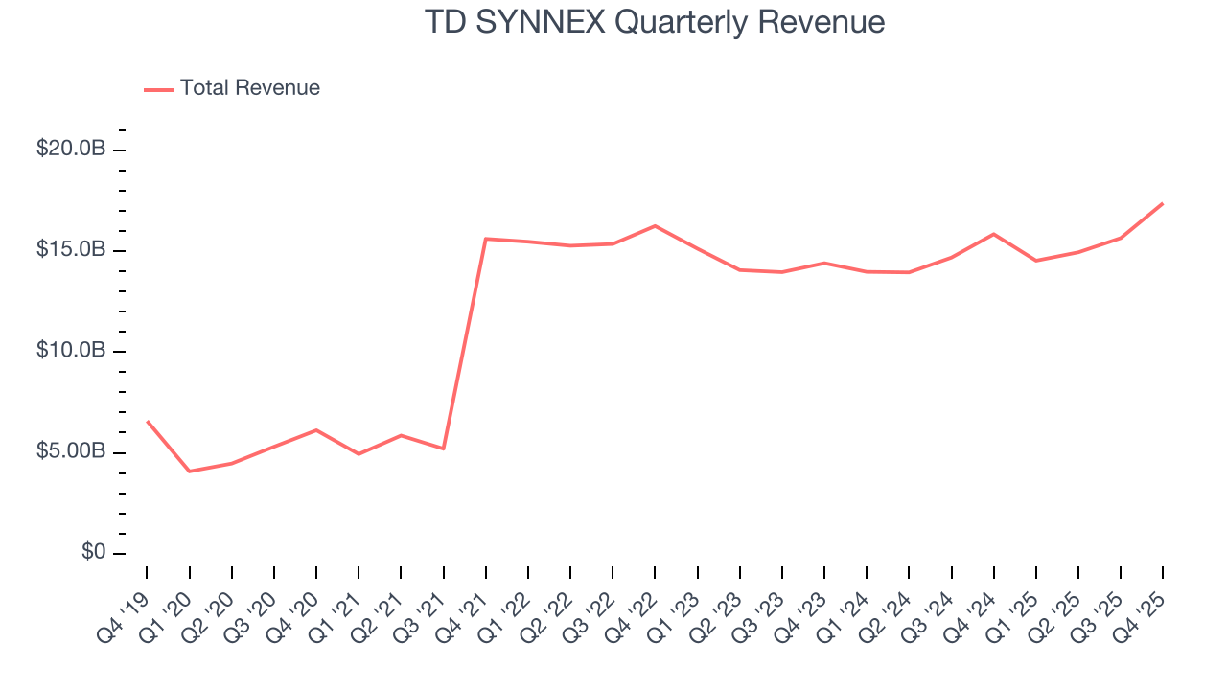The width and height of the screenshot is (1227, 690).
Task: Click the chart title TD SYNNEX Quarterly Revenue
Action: [x=655, y=22]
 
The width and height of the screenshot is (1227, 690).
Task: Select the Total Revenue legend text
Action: [x=249, y=88]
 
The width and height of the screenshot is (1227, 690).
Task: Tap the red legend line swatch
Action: [x=158, y=89]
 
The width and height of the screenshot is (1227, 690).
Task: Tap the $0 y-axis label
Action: [x=93, y=553]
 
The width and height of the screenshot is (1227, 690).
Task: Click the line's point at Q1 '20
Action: [x=189, y=471]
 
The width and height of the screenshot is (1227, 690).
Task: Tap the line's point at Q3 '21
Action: [x=443, y=448]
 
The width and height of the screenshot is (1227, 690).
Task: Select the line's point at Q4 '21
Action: [x=486, y=239]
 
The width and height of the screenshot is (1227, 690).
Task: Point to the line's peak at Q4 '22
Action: [x=655, y=225]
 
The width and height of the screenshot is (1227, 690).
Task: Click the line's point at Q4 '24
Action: [x=993, y=234]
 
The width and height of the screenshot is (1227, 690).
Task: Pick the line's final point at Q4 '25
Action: [x=1163, y=203]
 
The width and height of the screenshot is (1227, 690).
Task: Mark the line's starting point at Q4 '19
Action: [x=147, y=421]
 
